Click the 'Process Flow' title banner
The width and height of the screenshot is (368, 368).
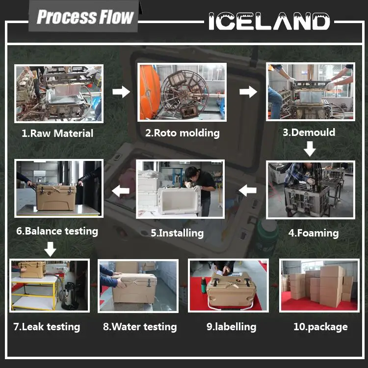[x=85, y=17]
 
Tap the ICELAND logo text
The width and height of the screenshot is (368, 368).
[x=269, y=21]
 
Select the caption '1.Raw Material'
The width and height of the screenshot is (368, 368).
[x=57, y=133]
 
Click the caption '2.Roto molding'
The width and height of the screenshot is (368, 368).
[x=183, y=132]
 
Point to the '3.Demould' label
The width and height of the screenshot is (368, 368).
[x=309, y=132]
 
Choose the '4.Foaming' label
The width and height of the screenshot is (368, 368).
[x=313, y=233]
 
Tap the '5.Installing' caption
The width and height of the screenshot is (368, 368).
[x=177, y=233]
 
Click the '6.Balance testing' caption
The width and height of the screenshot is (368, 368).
[x=57, y=231]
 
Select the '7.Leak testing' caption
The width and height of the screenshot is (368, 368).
[x=47, y=326]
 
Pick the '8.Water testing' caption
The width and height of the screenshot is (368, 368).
[x=140, y=327]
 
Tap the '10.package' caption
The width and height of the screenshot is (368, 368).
[x=320, y=327]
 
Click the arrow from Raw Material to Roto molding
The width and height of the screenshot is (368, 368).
[x=121, y=91]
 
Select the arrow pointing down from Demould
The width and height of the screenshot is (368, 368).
[x=310, y=148]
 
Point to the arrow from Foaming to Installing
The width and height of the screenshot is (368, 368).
[x=248, y=190]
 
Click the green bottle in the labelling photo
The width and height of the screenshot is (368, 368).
[x=204, y=285]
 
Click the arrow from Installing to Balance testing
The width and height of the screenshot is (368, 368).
[x=121, y=190]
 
